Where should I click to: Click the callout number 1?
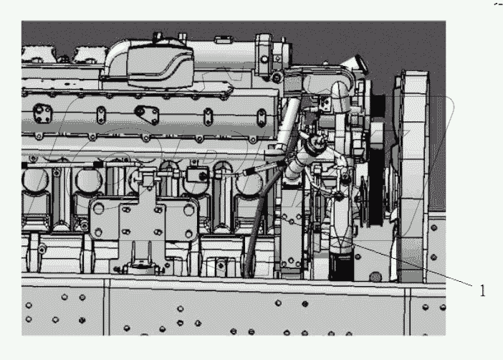[482, 290]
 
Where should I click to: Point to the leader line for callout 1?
[416, 265]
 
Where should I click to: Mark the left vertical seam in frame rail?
[107, 308]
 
